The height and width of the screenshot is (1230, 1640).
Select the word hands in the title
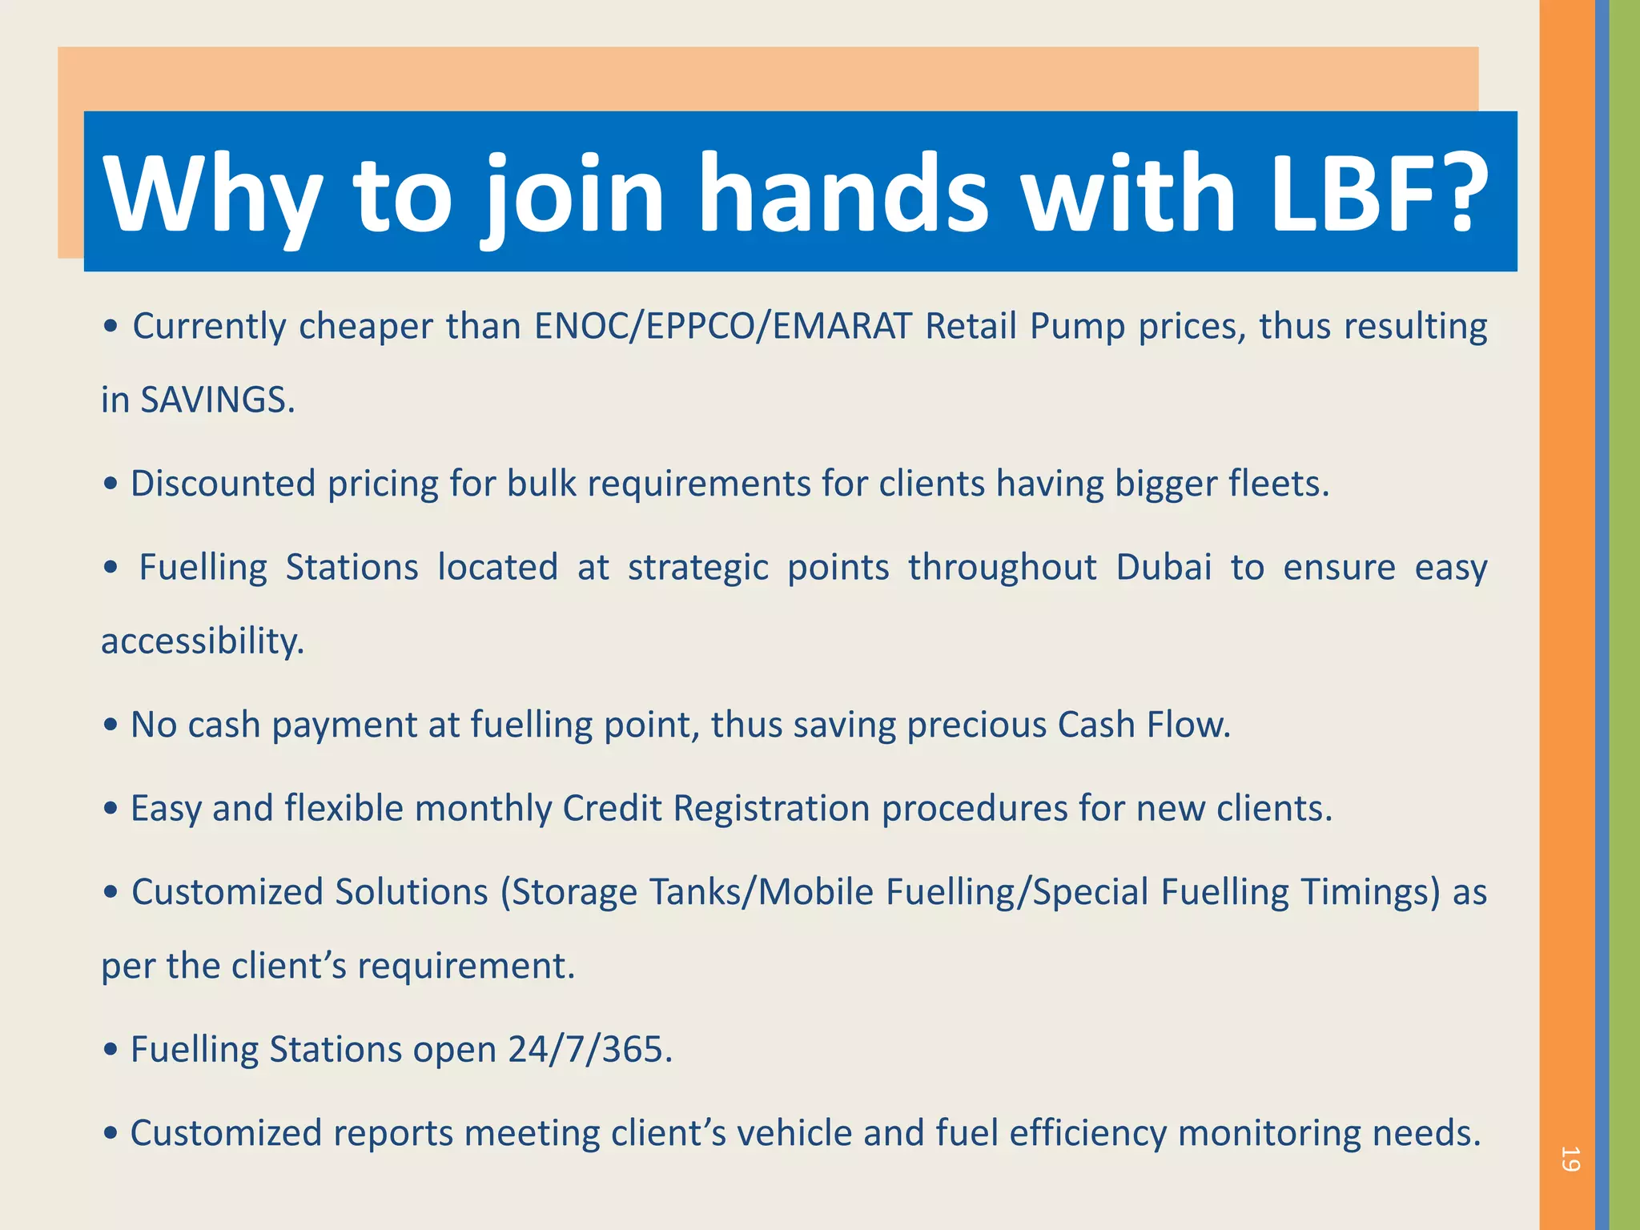tap(844, 194)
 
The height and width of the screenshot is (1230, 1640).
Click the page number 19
tap(1570, 1159)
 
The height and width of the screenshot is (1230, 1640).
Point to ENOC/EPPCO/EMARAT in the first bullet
tap(723, 327)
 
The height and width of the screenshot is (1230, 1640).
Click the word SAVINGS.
tap(218, 400)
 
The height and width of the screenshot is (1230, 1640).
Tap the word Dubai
tap(1164, 568)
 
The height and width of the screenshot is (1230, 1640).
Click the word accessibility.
tap(203, 641)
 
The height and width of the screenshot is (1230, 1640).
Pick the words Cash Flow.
tap(1144, 725)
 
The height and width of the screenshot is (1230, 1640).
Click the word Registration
tap(772, 809)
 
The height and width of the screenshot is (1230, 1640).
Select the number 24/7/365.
tap(590, 1050)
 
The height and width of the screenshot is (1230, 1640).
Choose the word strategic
tap(697, 568)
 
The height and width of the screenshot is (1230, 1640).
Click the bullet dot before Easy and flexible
tap(111, 809)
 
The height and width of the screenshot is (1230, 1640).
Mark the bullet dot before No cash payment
tap(111, 726)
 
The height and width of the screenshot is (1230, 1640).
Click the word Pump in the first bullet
tap(1078, 327)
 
